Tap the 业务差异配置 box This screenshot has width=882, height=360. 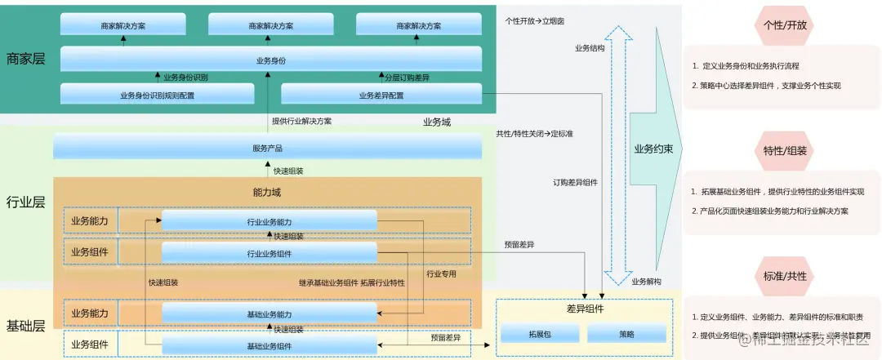pos(381,95)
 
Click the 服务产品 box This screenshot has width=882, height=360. pos(269,148)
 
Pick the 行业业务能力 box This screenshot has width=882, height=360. pos(269,221)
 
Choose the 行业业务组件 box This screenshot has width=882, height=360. pos(269,253)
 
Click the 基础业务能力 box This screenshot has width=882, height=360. pos(269,314)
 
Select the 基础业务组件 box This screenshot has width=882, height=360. pos(269,346)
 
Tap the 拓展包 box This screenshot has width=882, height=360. pos(539,334)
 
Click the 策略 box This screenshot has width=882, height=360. pos(626,334)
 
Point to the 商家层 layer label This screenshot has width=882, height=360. pos(25,59)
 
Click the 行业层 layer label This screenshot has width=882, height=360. pos(25,202)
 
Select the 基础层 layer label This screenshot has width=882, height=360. pos(25,326)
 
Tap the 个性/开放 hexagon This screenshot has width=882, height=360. pos(784,25)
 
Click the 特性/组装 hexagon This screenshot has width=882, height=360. pos(784,150)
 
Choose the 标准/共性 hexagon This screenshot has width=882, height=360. pos(784,276)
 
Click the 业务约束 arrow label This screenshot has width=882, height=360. pos(653,149)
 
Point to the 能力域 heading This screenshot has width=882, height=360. pos(267,193)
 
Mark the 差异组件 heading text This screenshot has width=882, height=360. pos(584,309)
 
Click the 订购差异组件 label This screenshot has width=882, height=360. pos(575,182)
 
